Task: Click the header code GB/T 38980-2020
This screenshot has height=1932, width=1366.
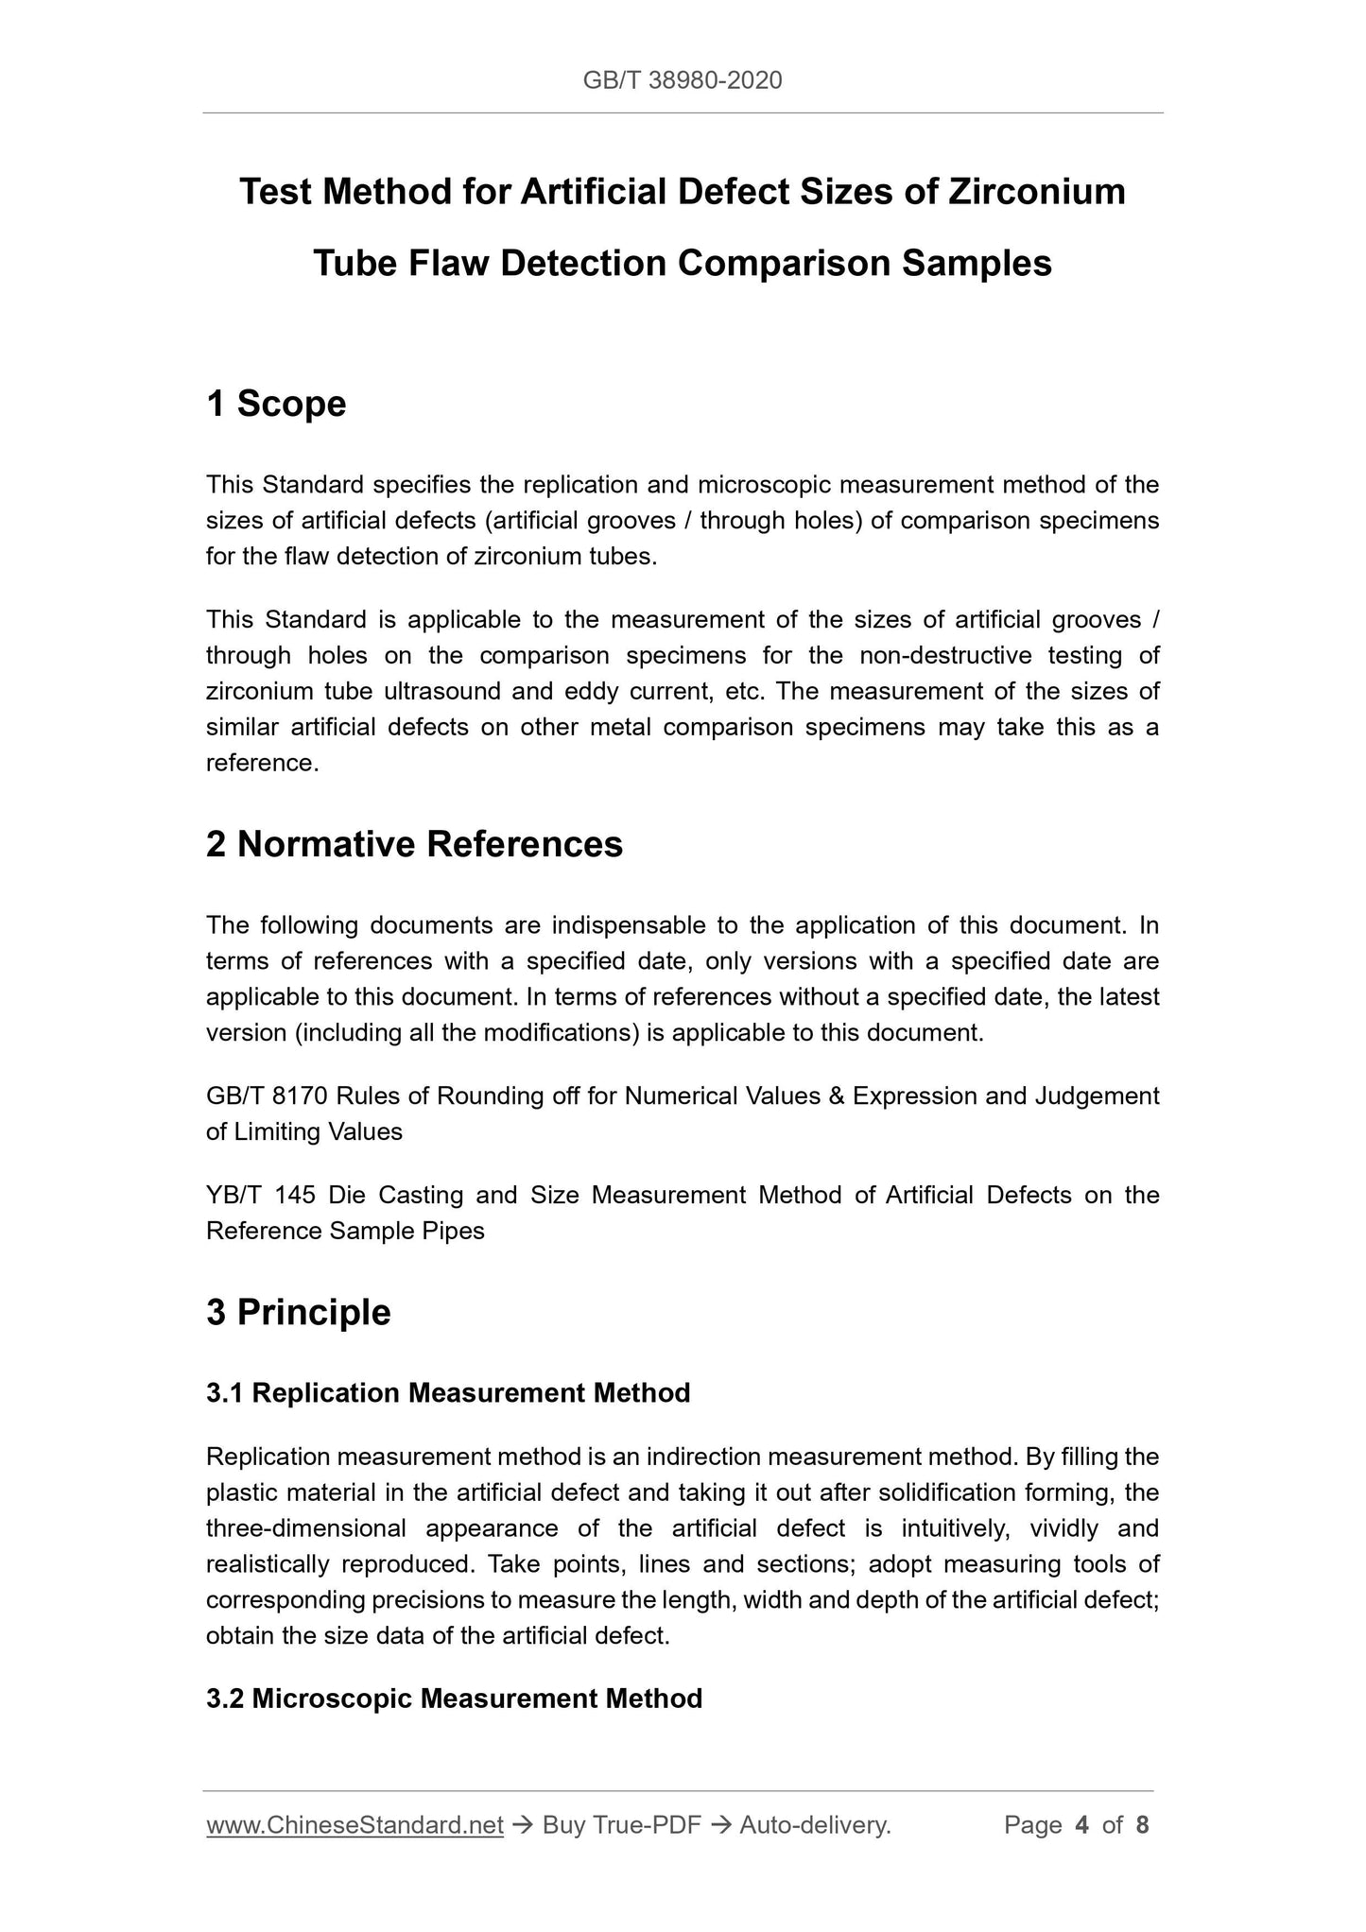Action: pos(682,80)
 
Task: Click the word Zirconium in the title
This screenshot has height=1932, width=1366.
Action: pos(1037,192)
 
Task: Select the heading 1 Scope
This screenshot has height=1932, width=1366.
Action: pos(276,404)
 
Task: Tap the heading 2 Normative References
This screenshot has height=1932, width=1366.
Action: pos(414,844)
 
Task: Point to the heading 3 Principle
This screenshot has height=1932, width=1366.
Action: pos(298,1312)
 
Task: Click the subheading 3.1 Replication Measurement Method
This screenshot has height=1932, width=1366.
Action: pos(448,1392)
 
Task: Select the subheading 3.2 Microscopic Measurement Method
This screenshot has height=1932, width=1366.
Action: pos(454,1699)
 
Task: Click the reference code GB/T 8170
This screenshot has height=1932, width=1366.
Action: pos(267,1096)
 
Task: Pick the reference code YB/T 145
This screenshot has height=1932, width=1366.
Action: pos(260,1196)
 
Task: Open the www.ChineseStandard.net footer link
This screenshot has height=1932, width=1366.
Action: pos(354,1825)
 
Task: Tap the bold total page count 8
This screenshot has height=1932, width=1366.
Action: pos(1142,1825)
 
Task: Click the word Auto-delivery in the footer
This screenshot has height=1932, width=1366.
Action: pos(814,1825)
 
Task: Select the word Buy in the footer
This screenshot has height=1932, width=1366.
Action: pos(563,1825)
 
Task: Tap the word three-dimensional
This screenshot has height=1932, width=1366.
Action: pos(305,1528)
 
